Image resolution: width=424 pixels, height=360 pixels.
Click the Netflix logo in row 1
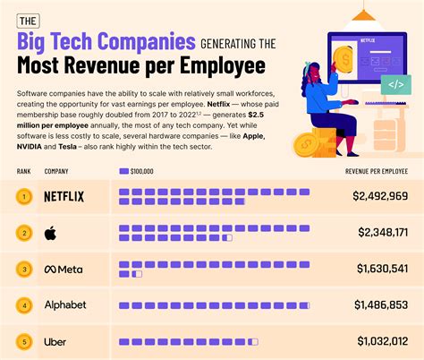coord(64,196)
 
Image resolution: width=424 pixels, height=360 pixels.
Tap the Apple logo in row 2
coord(50,233)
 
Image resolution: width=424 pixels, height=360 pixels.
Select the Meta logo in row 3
coord(64,269)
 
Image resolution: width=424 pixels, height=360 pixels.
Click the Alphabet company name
coord(65,305)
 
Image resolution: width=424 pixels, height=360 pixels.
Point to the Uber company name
coord(55,341)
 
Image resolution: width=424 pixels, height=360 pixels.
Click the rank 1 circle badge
coord(24,196)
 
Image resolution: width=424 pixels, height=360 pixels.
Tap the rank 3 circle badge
coord(24,269)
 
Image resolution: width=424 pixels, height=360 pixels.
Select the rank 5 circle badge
coord(24,341)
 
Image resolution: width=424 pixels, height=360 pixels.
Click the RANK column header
coord(24,171)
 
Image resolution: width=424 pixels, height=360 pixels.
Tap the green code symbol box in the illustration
coord(394,85)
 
